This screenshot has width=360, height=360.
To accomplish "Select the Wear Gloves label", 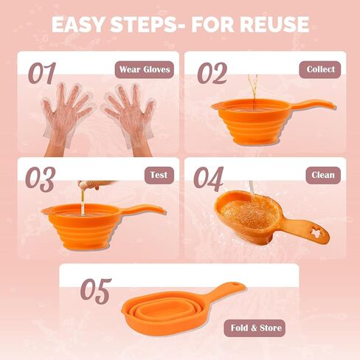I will tap(145, 70).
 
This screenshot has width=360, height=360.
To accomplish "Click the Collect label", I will tap(321, 69).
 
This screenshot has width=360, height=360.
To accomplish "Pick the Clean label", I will tap(322, 176).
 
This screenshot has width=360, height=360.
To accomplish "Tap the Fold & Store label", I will tap(255, 328).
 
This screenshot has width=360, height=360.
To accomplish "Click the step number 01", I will tap(42, 73).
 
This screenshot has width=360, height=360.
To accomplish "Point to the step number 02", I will tap(212, 73).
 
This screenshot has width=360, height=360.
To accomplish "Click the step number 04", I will tap(208, 179).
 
